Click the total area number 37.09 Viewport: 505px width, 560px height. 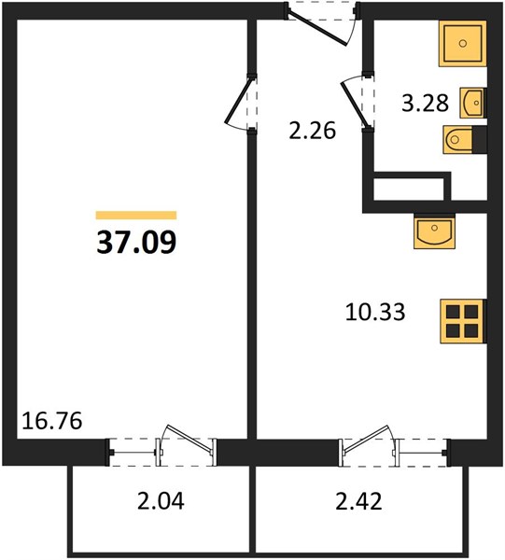[136, 242]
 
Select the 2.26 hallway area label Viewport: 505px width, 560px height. [312, 131]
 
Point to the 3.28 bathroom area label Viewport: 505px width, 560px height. [425, 104]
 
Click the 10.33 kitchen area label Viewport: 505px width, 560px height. [375, 312]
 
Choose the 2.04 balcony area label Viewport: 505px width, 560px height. [161, 500]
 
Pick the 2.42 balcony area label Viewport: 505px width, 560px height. [359, 500]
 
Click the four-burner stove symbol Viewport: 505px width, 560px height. [463, 321]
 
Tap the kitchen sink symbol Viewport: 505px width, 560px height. [435, 231]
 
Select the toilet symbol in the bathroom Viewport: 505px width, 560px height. [465, 140]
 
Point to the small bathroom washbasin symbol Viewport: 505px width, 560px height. [473, 103]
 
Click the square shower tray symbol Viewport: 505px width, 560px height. [463, 44]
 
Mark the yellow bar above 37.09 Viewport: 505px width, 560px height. [136, 215]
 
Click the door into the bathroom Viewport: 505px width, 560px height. [358, 102]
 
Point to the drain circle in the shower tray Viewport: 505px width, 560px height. [463, 44]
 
